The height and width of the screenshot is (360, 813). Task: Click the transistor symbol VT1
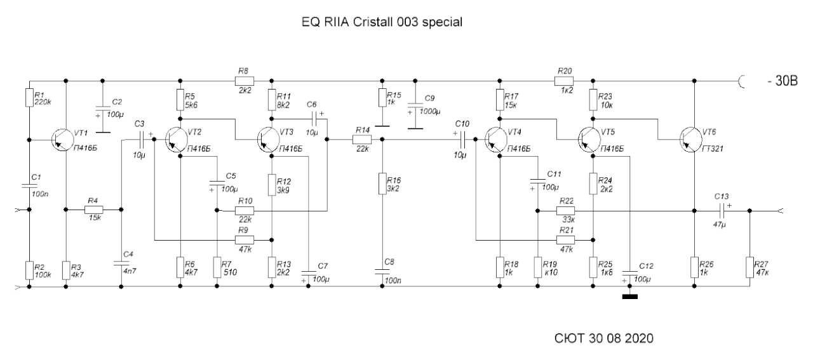click(x=62, y=140)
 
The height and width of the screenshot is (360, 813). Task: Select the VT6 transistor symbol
click(x=690, y=140)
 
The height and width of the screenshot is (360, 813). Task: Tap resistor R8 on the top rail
click(x=245, y=81)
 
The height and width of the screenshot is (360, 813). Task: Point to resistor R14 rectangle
click(x=362, y=139)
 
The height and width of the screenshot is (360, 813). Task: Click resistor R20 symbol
click(x=564, y=81)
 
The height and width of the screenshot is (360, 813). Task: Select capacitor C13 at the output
click(x=722, y=211)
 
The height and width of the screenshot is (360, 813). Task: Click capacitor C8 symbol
click(x=382, y=272)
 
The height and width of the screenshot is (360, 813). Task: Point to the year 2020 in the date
click(x=639, y=338)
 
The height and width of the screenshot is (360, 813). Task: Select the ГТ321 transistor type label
click(x=713, y=149)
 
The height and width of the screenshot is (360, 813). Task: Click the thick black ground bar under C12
click(x=629, y=297)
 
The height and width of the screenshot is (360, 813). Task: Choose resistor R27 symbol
click(x=750, y=267)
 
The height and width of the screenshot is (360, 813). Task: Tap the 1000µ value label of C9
click(x=430, y=111)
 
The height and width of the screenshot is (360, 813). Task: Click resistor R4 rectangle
click(x=93, y=210)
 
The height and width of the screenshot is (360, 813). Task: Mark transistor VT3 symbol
click(x=269, y=140)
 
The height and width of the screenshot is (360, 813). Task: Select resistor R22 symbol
click(x=565, y=211)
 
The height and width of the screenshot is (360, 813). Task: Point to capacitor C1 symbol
click(x=29, y=186)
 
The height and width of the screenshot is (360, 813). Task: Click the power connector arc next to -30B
click(x=741, y=81)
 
